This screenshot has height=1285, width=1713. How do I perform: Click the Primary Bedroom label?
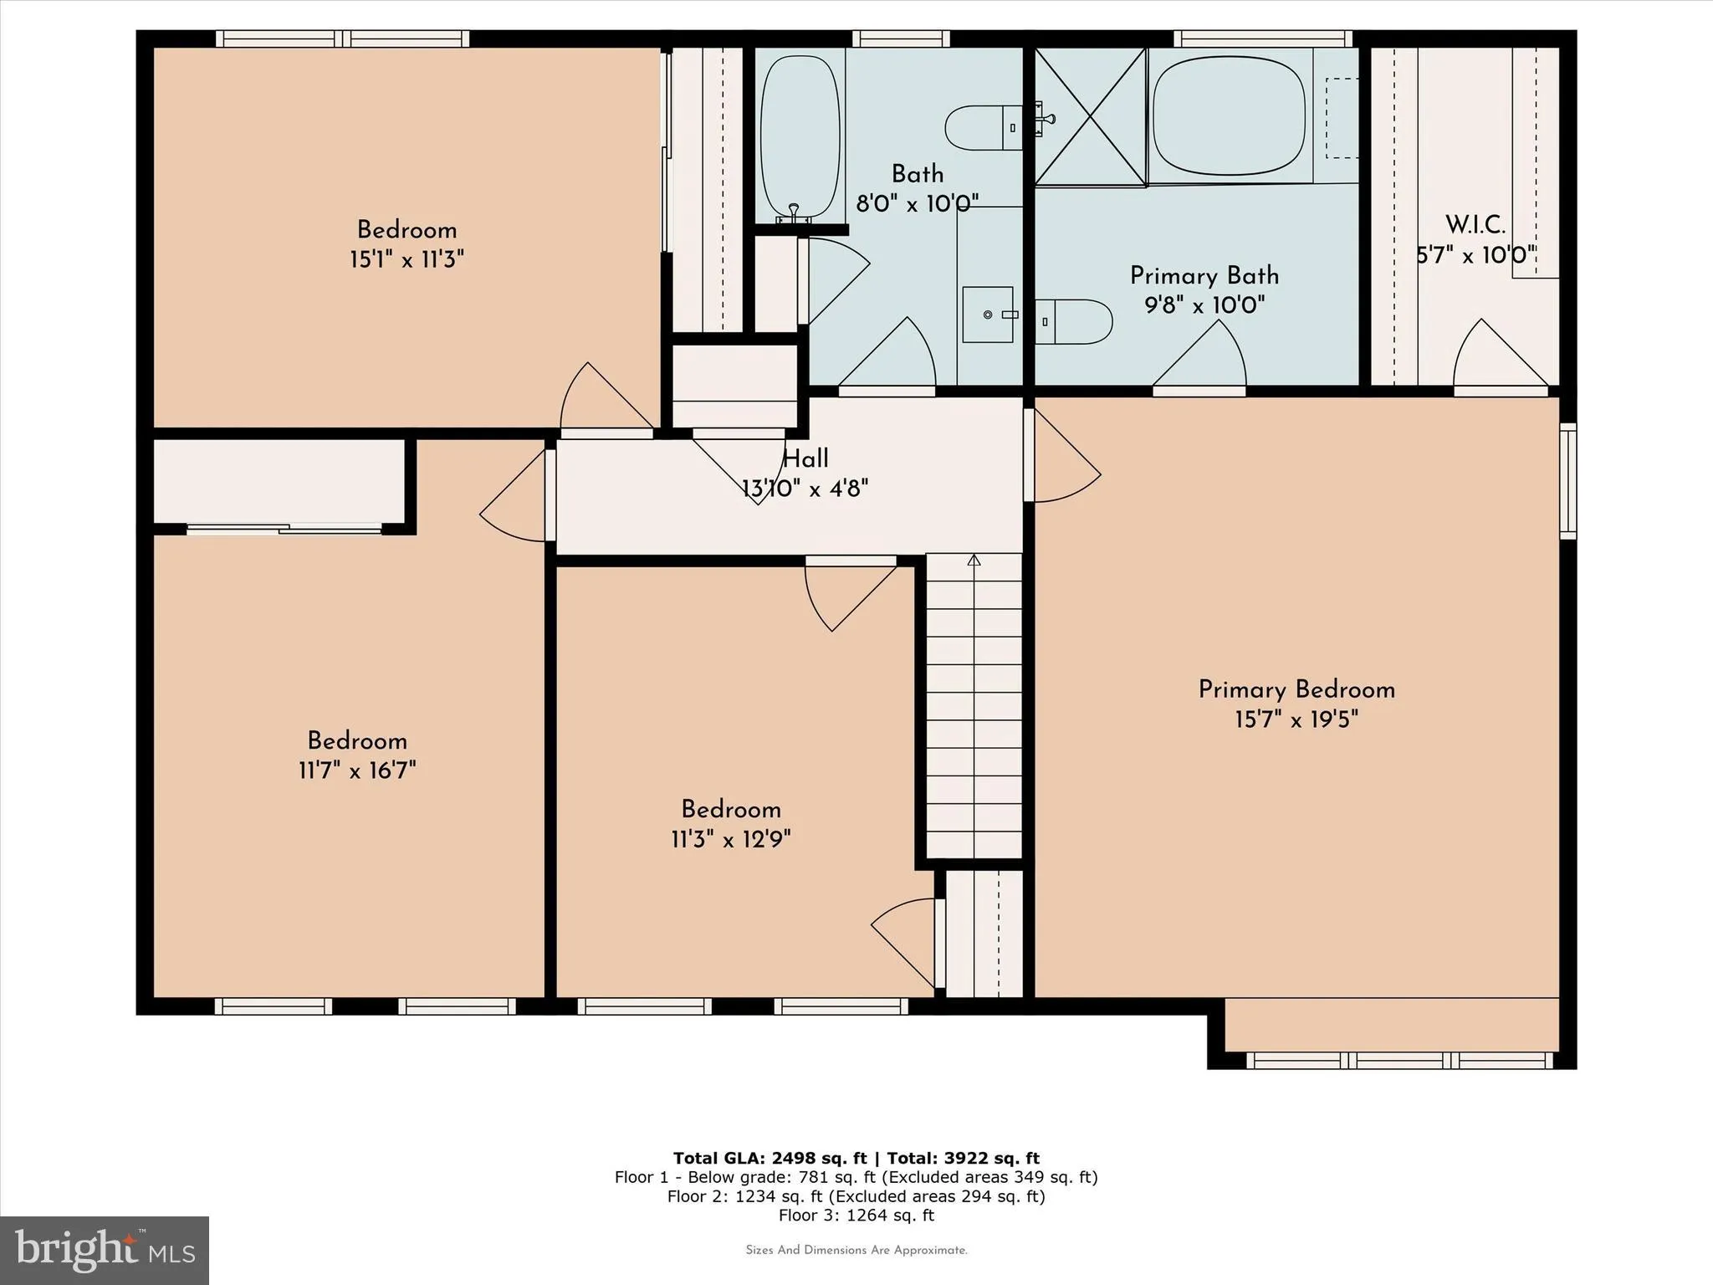(x=1296, y=690)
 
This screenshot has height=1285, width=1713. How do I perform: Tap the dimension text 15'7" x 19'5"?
(x=1296, y=719)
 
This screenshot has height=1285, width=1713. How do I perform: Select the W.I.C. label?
(x=1475, y=225)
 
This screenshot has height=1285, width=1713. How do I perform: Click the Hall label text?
(x=805, y=458)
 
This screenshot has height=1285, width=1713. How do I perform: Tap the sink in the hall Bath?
(x=988, y=315)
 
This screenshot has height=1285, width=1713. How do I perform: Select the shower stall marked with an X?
(x=1090, y=116)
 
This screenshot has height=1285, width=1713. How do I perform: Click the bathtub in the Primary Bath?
(x=1228, y=116)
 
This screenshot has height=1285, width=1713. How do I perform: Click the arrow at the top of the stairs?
(x=974, y=561)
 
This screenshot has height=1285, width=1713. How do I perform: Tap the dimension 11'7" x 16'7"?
(x=357, y=770)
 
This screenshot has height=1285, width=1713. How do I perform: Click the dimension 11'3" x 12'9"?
(x=730, y=839)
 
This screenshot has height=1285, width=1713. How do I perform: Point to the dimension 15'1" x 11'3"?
(x=407, y=259)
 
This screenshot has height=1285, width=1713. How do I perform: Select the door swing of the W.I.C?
(x=1497, y=356)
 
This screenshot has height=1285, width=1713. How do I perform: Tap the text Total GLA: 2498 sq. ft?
(x=770, y=1159)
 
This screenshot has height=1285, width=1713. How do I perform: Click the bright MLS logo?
(x=105, y=1250)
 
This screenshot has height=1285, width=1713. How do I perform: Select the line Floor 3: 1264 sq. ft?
(x=856, y=1216)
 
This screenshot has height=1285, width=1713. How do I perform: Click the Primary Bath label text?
(x=1204, y=276)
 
